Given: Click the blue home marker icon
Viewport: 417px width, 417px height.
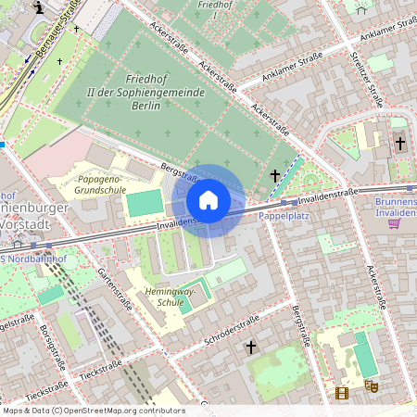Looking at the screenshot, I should (208, 200).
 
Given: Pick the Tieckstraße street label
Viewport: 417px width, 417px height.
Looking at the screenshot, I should (101, 371).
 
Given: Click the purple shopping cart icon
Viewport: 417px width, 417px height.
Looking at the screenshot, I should (394, 221).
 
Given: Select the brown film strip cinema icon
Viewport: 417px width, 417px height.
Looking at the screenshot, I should (343, 393).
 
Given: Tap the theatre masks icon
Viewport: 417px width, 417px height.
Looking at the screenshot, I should (371, 385).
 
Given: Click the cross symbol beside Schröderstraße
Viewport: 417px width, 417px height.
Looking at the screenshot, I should (250, 347).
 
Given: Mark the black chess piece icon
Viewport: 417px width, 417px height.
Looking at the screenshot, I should (38, 7).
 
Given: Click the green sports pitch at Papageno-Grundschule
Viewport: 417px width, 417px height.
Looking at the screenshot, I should (143, 203).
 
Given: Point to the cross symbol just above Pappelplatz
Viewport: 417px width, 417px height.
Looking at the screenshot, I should (274, 174).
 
